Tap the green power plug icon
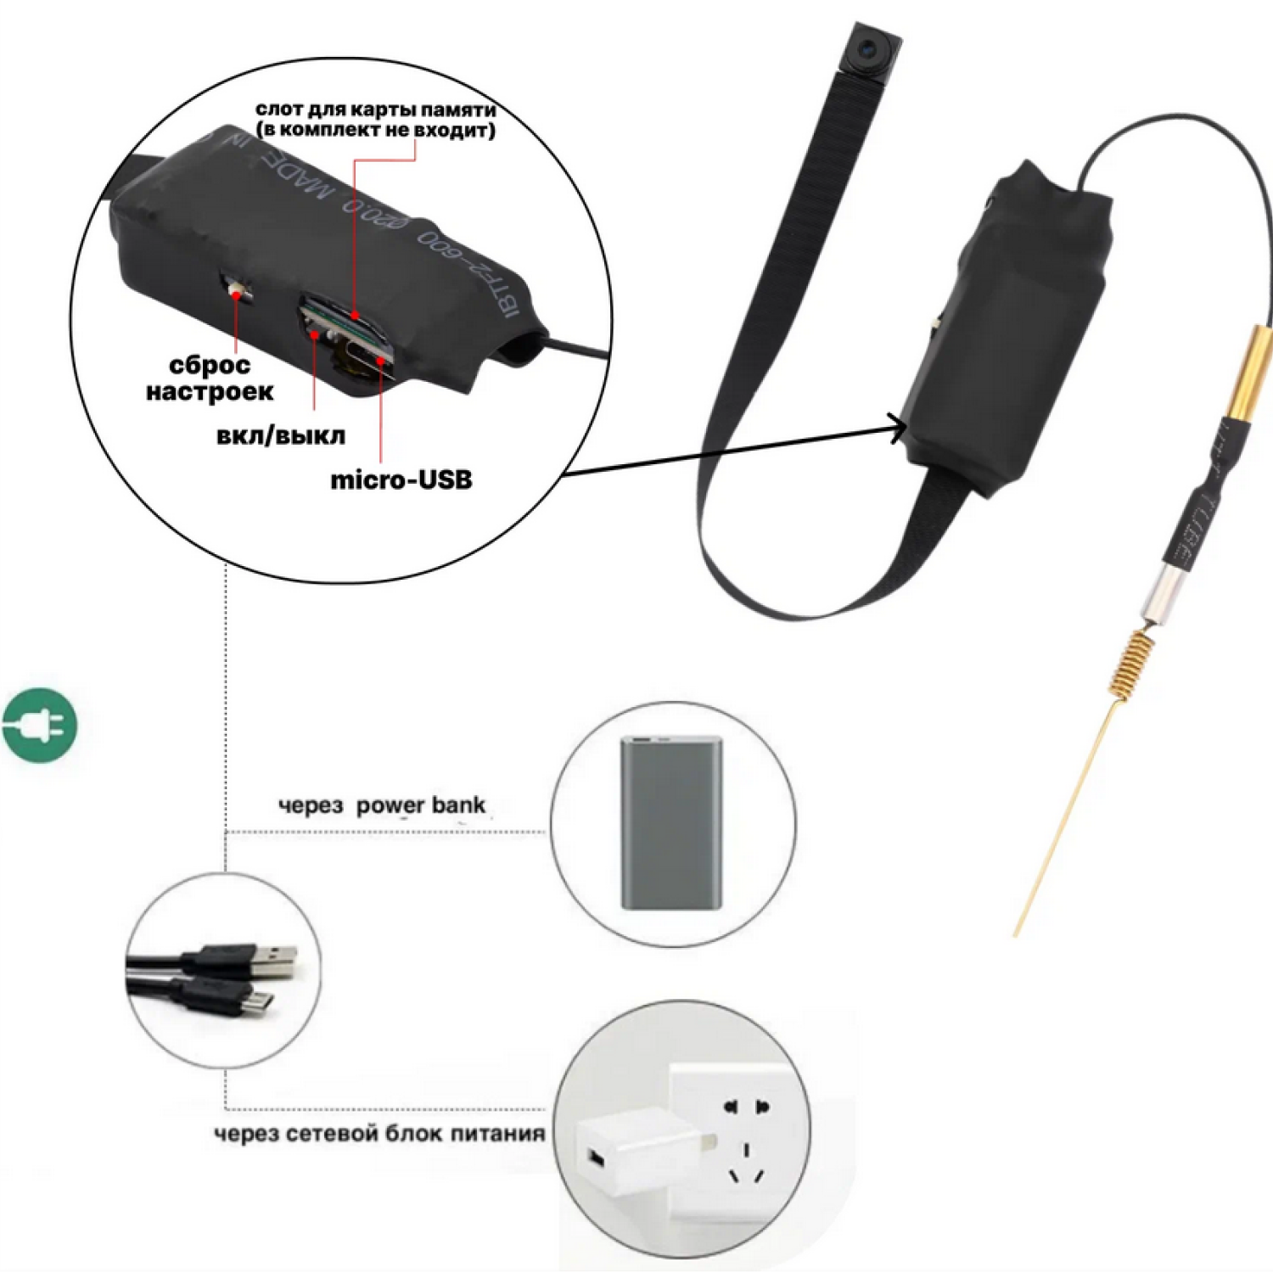coord(39,724)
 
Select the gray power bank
coord(670,822)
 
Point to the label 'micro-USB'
coord(401,479)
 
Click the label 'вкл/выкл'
coord(281,435)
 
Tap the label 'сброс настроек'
coord(210,379)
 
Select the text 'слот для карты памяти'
coord(375,109)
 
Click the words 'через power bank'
coord(382,805)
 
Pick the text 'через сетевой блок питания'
coord(379,1134)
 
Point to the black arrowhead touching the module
coord(897,427)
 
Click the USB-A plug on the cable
coord(272,962)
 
